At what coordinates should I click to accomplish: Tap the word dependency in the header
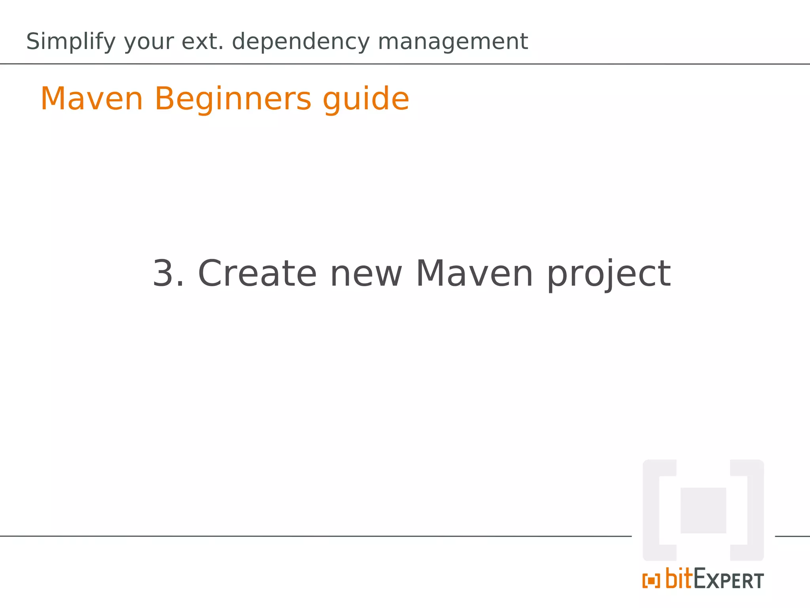point(300,42)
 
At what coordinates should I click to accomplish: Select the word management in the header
point(453,41)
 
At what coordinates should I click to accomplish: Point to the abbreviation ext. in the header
point(202,41)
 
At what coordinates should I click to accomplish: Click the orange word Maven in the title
point(92,99)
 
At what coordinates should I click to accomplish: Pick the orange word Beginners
point(233,99)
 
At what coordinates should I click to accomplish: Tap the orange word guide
point(366,99)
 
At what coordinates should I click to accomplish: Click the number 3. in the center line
point(168,274)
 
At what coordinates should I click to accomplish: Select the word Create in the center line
point(257,274)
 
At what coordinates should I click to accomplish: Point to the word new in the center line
point(366,274)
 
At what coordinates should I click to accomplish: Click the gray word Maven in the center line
point(474,274)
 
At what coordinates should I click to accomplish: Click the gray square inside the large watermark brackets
point(703,510)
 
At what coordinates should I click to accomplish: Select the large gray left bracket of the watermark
point(651,510)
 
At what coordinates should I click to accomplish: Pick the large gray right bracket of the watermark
point(755,510)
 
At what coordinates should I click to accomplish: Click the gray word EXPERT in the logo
point(729,580)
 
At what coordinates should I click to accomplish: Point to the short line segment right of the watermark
point(792,536)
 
